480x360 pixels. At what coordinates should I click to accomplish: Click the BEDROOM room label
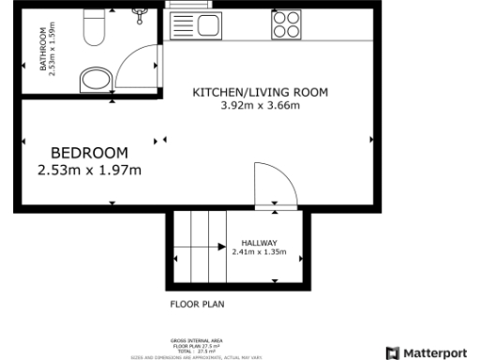(88, 153)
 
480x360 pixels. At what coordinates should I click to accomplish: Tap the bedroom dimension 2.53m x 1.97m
(88, 170)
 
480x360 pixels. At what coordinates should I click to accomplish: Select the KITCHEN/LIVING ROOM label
(260, 92)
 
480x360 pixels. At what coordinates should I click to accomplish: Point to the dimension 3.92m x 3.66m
(260, 106)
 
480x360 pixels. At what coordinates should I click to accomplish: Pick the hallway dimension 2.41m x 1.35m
(264, 252)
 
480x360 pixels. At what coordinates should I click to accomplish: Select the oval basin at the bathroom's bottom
(95, 77)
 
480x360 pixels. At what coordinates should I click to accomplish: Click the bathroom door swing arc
(141, 60)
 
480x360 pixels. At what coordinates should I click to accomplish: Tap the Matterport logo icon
(392, 352)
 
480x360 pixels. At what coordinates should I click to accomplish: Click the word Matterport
(434, 352)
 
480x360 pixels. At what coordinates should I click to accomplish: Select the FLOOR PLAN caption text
(196, 304)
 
